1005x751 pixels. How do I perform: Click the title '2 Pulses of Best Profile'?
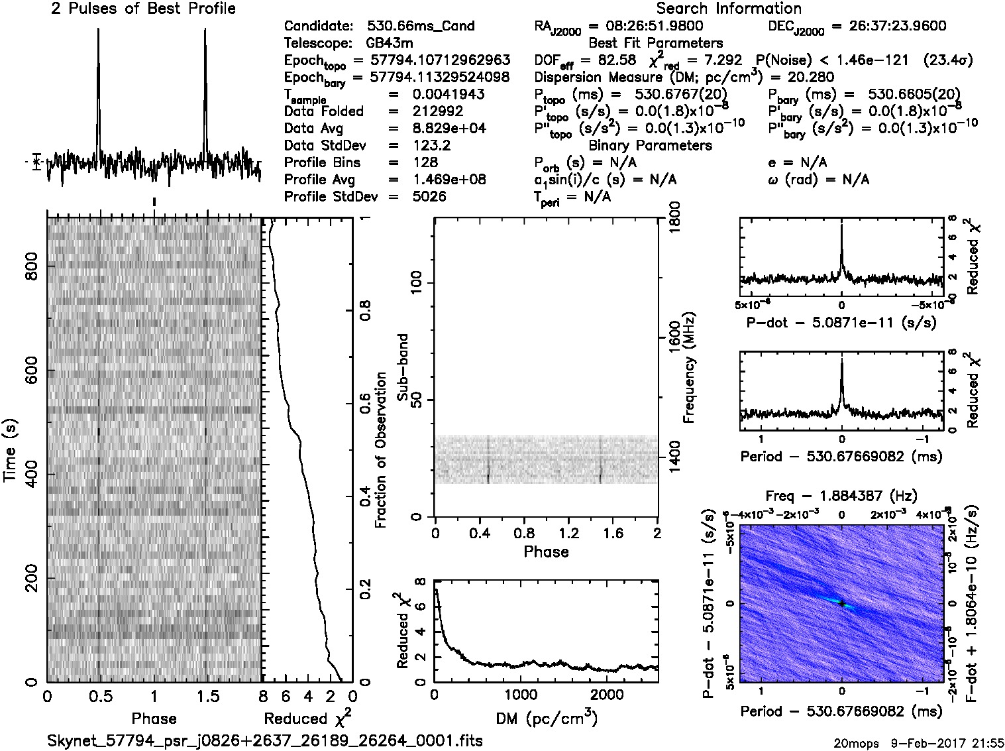click(143, 9)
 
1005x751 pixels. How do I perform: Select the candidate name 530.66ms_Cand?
click(420, 27)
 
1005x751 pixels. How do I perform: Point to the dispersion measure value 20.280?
click(812, 78)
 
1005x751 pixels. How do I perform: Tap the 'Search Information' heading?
click(728, 9)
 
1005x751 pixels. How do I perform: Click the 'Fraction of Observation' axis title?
click(380, 450)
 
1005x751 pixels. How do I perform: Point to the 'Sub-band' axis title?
click(402, 367)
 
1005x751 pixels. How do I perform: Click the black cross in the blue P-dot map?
click(841, 603)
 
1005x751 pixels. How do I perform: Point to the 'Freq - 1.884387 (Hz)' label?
click(841, 496)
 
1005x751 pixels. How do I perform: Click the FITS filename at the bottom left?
click(265, 740)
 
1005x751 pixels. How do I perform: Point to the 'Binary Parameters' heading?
click(650, 145)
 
